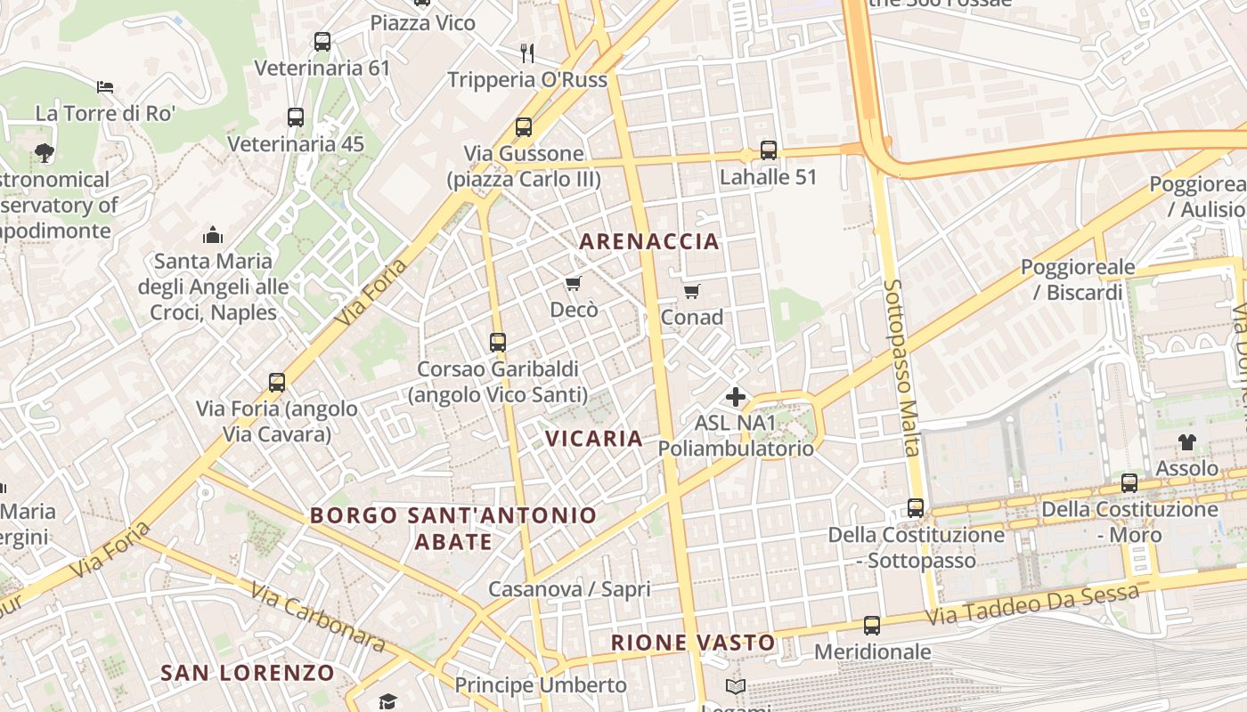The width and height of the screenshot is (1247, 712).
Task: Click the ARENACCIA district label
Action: tap(649, 241)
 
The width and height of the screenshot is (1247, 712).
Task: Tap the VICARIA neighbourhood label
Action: tap(594, 438)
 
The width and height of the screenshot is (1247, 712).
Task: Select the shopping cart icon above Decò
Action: tap(574, 284)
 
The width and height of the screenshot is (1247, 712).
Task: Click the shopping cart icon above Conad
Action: tap(692, 291)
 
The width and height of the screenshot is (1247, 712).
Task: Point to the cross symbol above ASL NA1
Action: tap(736, 397)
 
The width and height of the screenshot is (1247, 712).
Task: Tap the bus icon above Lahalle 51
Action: tap(768, 150)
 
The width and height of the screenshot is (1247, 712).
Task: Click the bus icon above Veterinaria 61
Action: tap(322, 42)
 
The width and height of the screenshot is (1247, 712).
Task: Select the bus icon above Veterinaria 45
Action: tap(296, 117)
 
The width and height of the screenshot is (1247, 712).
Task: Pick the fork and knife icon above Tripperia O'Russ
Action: tap(527, 53)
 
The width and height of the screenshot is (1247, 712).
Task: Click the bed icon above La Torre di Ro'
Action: tap(105, 87)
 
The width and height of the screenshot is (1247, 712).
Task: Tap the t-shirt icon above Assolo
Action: tap(1186, 442)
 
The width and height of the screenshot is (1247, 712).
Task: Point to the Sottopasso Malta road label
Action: tap(901, 368)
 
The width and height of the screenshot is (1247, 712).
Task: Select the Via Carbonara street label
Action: tap(317, 618)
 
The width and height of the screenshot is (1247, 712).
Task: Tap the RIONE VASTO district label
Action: tap(693, 643)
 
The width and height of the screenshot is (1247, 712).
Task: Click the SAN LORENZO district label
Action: tap(248, 673)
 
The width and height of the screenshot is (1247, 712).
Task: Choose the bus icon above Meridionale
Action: tap(872, 626)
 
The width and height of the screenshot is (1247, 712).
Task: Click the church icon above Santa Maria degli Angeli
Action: tap(213, 235)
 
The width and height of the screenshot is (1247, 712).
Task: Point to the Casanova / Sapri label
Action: tap(569, 589)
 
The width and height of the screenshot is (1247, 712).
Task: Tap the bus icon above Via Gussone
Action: tap(524, 127)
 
